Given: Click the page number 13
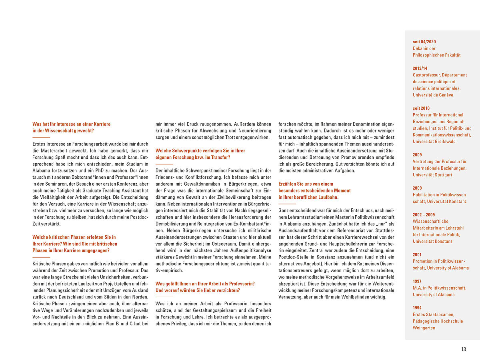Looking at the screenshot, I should tap(464, 349).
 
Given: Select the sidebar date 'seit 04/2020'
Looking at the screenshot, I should tap(424, 42).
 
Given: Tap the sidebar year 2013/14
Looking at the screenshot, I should tap(420, 68).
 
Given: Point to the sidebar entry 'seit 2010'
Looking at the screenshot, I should tap(421, 108).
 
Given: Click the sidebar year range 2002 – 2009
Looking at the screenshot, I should tap(424, 214).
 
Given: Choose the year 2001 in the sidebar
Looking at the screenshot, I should tap(417, 254).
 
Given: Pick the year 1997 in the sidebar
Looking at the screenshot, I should tap(417, 281).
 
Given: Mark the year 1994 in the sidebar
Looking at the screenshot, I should tap(417, 308).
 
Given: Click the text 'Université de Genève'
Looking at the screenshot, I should tap(433, 95).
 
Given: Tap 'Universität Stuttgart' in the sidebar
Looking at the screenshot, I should tap(432, 175).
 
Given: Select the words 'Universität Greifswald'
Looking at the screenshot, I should tap(434, 142).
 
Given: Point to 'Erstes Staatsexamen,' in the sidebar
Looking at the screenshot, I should tap(434, 314).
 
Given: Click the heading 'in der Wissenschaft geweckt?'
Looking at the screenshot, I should tap(63, 130).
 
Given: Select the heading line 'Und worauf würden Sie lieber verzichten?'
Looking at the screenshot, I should tap(198, 290).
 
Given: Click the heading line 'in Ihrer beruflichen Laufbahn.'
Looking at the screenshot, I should tap(308, 197).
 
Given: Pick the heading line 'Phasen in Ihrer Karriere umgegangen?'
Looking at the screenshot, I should tap(71, 250).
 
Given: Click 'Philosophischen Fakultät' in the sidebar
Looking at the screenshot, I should tap(437, 55).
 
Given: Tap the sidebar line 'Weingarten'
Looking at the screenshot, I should tap(424, 328).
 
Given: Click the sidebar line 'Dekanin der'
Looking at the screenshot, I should tap(424, 48).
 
